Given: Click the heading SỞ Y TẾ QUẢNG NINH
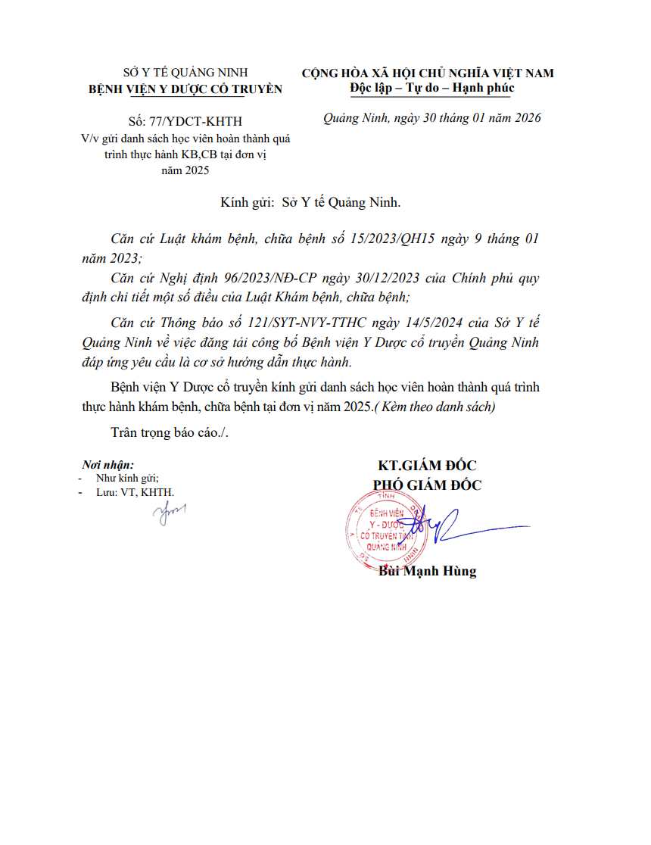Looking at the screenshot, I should [x=185, y=73].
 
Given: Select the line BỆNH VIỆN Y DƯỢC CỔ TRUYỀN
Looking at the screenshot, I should [x=185, y=89].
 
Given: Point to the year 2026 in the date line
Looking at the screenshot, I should [x=525, y=118].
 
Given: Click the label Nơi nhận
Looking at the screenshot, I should [x=108, y=466].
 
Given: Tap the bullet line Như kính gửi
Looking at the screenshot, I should [x=127, y=479].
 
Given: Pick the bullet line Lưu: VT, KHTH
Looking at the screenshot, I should [x=135, y=492].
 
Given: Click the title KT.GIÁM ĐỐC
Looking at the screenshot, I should [x=427, y=466].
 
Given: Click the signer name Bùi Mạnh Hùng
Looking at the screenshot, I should [x=427, y=572].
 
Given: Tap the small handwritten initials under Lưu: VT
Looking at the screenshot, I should [x=169, y=515].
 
